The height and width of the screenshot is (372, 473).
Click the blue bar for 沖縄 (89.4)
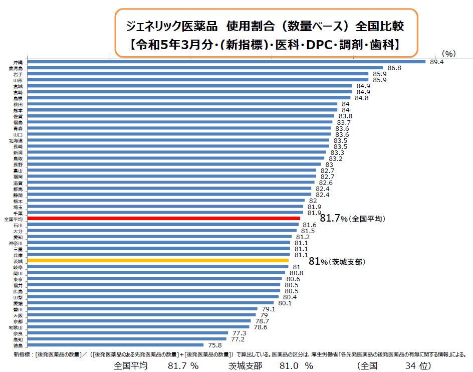click(x=225, y=62)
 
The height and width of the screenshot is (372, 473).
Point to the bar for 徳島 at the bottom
click(x=115, y=345)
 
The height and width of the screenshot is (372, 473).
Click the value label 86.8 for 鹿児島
click(x=394, y=68)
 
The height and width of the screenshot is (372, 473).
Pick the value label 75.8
click(x=214, y=345)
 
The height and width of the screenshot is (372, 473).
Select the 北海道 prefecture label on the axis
click(x=15, y=140)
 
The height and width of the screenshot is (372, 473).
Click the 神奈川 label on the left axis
click(x=15, y=243)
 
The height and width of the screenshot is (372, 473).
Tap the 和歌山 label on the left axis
click(x=15, y=327)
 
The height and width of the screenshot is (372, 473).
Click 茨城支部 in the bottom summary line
click(x=245, y=365)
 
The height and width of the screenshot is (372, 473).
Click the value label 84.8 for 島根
click(x=362, y=98)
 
